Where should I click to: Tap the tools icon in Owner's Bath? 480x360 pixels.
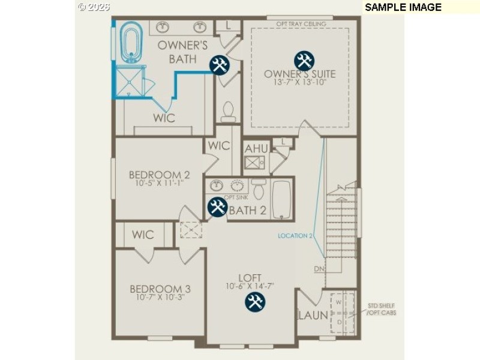point(218,65)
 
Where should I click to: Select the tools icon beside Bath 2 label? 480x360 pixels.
point(217,208)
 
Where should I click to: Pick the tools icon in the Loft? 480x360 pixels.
point(254,302)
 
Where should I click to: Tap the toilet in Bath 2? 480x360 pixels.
point(259,189)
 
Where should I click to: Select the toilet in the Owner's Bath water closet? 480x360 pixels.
point(227,111)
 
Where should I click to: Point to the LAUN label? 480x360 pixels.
point(313,315)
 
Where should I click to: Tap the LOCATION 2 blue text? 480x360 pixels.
point(295,236)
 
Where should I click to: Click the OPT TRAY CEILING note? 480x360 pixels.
point(301,24)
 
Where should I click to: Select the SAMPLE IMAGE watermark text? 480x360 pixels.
point(403,7)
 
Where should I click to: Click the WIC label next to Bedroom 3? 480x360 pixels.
point(143,235)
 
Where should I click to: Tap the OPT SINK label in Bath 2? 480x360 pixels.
point(231,197)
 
